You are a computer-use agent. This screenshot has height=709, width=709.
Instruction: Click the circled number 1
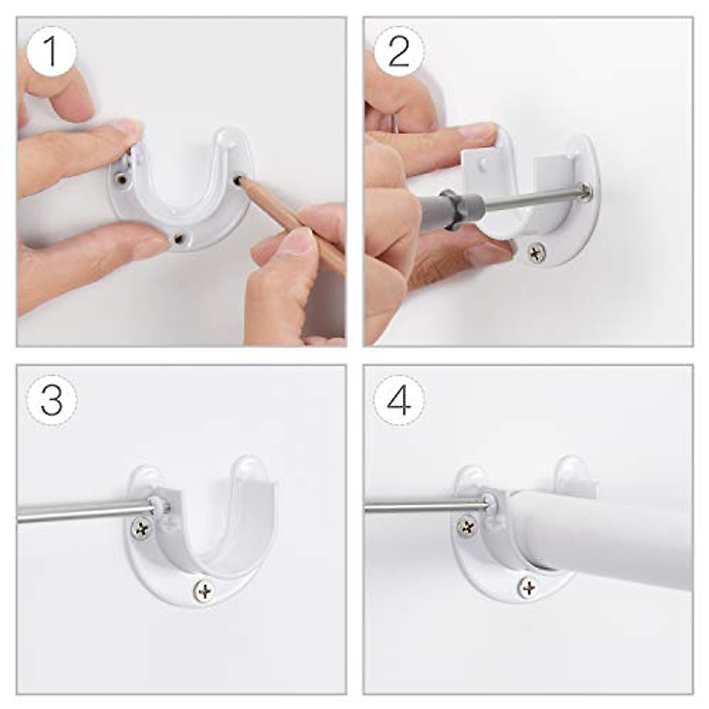[x=51, y=52]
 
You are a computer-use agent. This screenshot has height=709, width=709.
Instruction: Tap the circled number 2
[x=399, y=52]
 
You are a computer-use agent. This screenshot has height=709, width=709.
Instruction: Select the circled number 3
[x=51, y=399]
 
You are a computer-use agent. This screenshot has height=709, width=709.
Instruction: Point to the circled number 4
[x=399, y=399]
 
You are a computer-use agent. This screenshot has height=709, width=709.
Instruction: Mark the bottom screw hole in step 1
[x=177, y=238]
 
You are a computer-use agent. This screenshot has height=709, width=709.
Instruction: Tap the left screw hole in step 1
[x=121, y=178]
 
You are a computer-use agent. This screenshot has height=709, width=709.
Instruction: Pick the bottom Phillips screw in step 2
[x=536, y=253]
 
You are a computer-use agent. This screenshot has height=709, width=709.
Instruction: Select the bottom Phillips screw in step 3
[x=204, y=590]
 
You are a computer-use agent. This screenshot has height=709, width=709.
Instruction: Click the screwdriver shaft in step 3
[x=83, y=511]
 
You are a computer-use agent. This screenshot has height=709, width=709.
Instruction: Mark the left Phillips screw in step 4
[x=467, y=525]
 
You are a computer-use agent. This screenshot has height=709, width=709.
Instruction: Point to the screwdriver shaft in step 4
[x=425, y=505]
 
